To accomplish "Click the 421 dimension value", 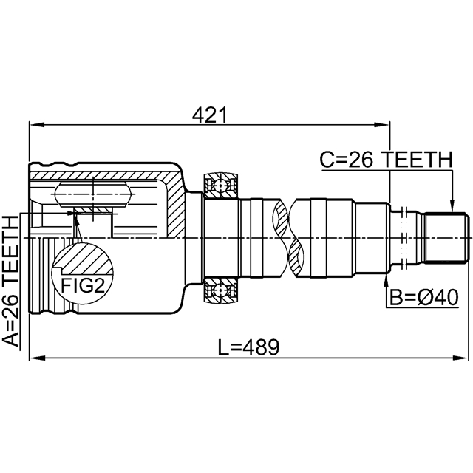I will pyautogui.click(x=208, y=115).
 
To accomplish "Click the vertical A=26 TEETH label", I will pyautogui.click(x=10, y=281).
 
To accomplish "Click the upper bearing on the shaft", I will pyautogui.click(x=221, y=185).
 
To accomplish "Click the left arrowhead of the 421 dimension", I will pyautogui.click(x=34, y=123).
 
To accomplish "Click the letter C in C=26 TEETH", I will pyautogui.click(x=327, y=159).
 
